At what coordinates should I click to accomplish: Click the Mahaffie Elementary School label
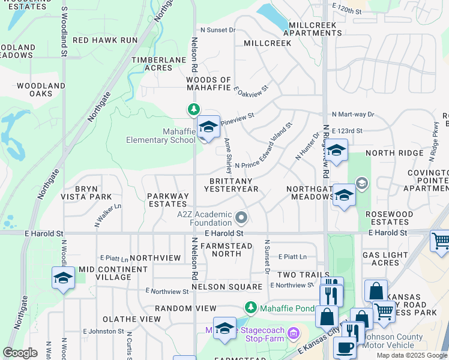161,136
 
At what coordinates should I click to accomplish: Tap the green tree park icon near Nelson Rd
193,109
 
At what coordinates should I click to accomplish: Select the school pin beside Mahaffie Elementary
208,127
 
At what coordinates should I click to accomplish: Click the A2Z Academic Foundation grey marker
241,217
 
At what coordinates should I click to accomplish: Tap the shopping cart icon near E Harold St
441,242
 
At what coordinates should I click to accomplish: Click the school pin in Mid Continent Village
63,278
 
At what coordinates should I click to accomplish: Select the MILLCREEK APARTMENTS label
315,29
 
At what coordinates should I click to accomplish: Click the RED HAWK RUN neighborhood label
105,40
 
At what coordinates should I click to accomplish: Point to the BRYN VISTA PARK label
87,193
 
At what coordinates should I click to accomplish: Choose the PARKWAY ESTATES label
168,200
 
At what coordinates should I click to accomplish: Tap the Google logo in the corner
20,352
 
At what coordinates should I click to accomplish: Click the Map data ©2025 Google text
412,355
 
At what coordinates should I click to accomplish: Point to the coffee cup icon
344,348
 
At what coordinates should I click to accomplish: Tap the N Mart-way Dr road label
353,114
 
